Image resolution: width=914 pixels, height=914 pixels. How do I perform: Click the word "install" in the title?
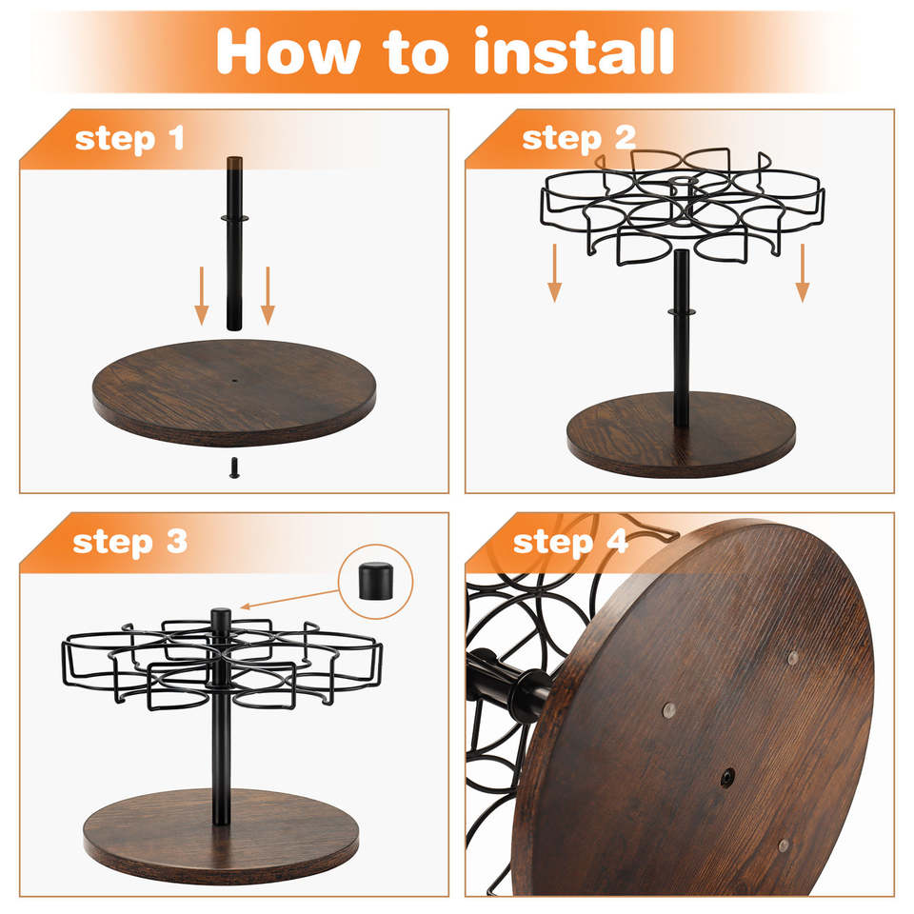pyautogui.click(x=574, y=50)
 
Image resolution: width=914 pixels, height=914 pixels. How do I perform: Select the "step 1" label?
pyautogui.click(x=129, y=139)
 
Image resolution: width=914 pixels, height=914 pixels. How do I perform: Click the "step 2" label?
pyautogui.click(x=579, y=139)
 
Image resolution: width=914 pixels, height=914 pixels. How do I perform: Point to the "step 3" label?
pyautogui.click(x=130, y=543)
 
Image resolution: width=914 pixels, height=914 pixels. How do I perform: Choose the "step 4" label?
pyautogui.click(x=570, y=543)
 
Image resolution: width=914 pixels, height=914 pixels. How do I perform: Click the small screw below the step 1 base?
pyautogui.click(x=234, y=467)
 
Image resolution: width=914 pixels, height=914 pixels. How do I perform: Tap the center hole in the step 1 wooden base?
pyautogui.click(x=235, y=381)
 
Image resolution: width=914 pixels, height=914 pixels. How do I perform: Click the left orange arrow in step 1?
pyautogui.click(x=202, y=295)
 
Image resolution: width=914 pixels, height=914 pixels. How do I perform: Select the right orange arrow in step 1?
pyautogui.click(x=268, y=295)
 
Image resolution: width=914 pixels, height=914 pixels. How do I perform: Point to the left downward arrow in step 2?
pyautogui.click(x=555, y=273)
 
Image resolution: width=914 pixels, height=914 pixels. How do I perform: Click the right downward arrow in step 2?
pyautogui.click(x=803, y=273)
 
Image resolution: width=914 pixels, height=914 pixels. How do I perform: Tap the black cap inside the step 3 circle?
pyautogui.click(x=375, y=581)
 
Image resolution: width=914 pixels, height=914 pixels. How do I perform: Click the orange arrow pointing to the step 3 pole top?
pyautogui.click(x=289, y=599)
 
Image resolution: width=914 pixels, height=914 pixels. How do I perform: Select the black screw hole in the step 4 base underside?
pyautogui.click(x=727, y=778)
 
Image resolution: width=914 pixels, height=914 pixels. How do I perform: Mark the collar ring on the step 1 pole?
pyautogui.click(x=235, y=219)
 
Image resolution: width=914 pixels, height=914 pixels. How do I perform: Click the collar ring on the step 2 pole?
pyautogui.click(x=682, y=312)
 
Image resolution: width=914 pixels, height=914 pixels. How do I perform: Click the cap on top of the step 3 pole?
pyautogui.click(x=221, y=617)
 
